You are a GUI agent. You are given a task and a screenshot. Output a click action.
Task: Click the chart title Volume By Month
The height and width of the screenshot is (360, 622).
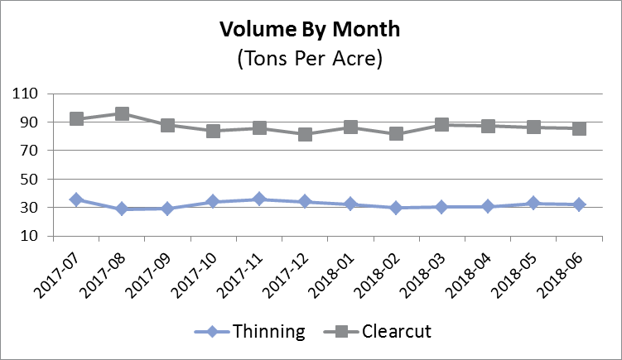click(310, 31)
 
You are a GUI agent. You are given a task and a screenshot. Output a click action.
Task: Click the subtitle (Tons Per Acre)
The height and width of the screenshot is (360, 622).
click(310, 60)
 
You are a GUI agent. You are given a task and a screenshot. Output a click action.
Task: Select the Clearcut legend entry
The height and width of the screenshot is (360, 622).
click(396, 332)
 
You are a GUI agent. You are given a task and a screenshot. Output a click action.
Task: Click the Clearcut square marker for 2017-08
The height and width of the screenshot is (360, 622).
click(122, 114)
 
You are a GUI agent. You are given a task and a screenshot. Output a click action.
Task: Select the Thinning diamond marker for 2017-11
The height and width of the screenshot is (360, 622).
click(259, 199)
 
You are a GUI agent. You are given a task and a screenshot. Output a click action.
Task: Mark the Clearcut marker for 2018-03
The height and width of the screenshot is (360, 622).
click(442, 125)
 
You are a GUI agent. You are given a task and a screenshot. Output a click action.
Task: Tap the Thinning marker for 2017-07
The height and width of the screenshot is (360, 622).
click(76, 200)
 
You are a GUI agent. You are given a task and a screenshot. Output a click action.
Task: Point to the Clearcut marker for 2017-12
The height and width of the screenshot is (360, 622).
click(305, 134)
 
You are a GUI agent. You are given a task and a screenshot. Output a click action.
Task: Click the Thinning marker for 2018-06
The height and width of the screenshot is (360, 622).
click(580, 204)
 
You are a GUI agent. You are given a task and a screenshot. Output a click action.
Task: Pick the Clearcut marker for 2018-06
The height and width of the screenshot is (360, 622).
click(580, 128)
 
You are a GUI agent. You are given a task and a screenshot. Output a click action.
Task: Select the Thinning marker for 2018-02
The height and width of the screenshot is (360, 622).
click(397, 208)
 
